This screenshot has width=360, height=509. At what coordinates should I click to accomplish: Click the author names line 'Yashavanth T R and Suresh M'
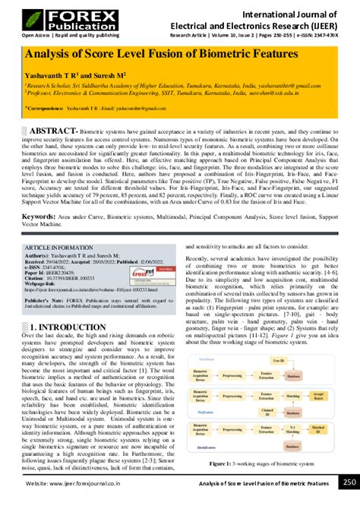tap(83, 77)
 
